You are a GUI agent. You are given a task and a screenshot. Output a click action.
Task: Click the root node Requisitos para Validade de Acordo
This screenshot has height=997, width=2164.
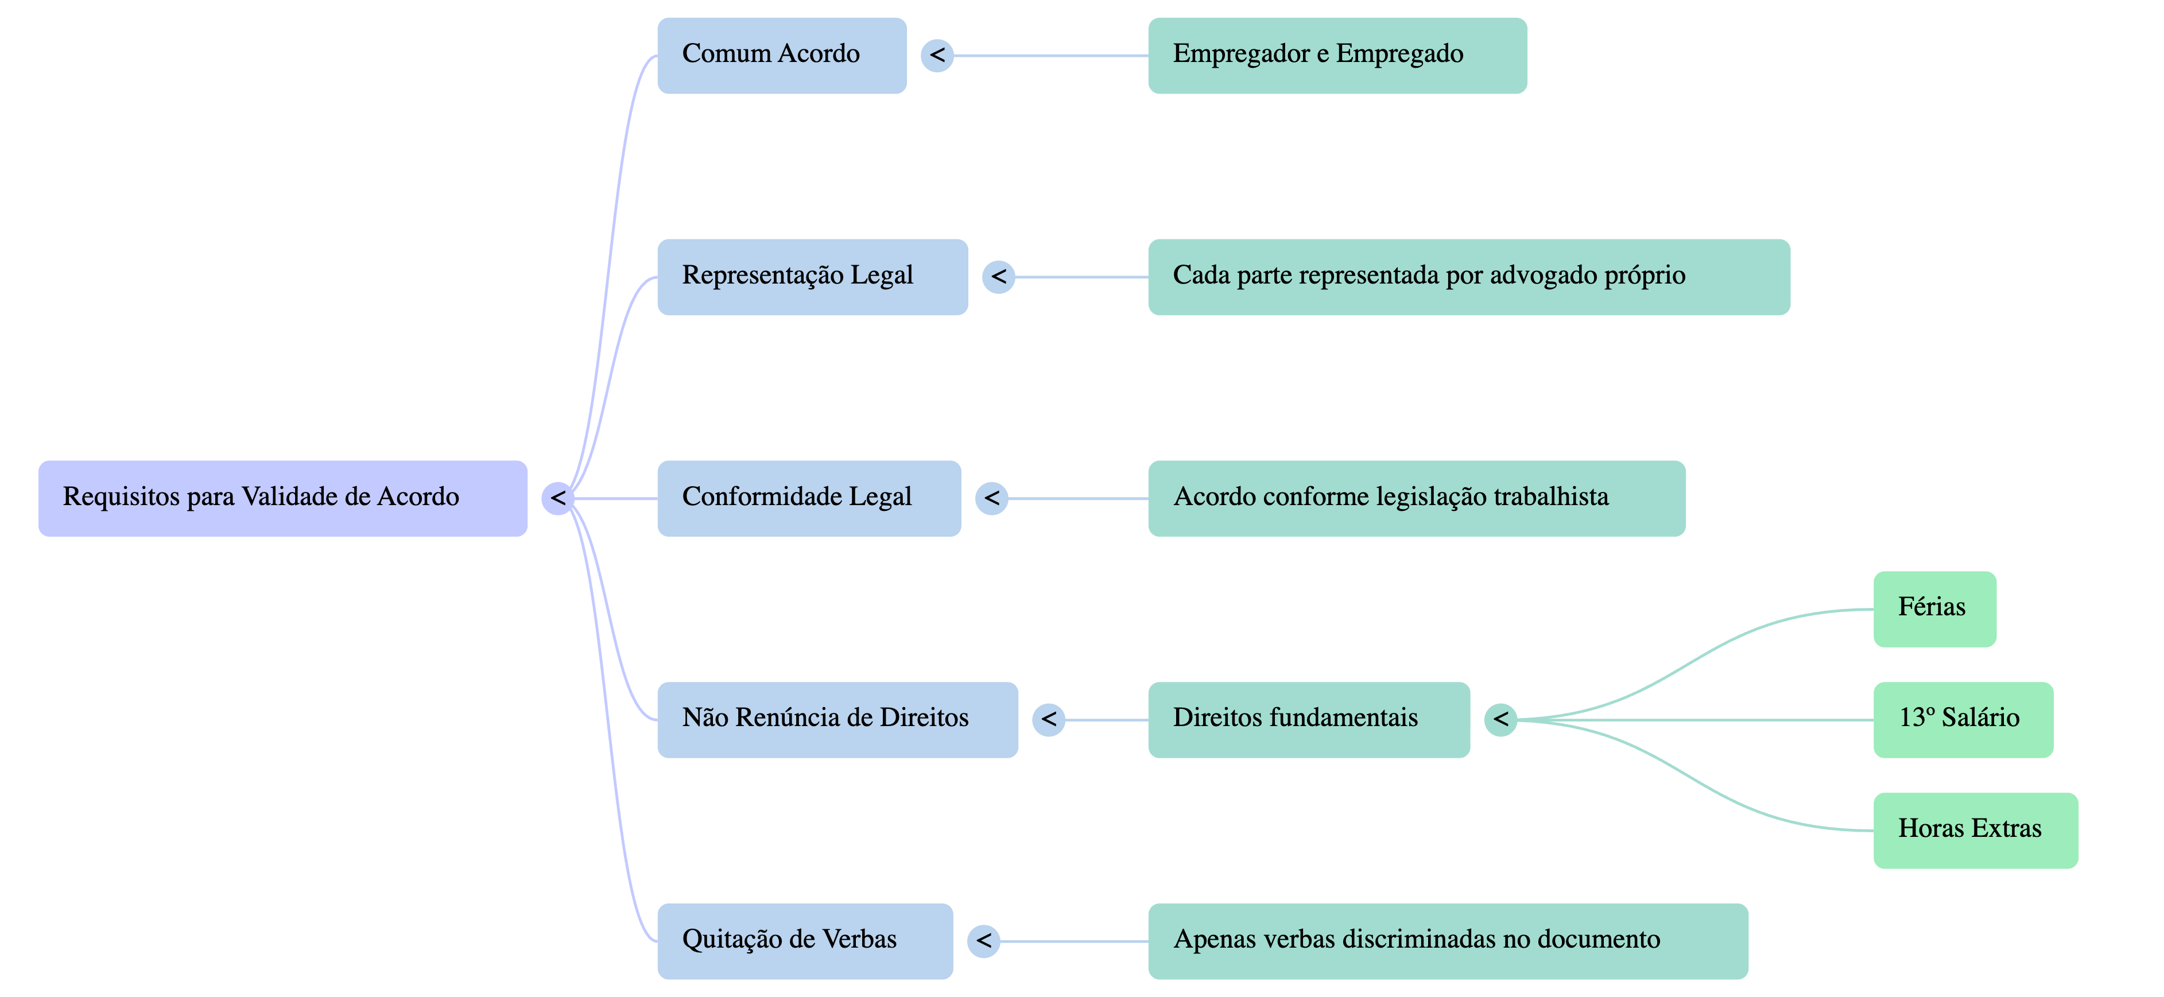point(282,498)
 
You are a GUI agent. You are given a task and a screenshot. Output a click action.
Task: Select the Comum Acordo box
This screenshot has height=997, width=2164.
point(781,56)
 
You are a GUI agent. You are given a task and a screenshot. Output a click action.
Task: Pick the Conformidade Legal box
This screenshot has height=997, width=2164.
point(808,498)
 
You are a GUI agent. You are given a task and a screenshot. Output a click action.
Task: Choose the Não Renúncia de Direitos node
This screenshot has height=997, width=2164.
point(837,720)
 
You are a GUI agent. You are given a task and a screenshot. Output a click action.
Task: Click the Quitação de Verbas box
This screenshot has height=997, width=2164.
point(804,941)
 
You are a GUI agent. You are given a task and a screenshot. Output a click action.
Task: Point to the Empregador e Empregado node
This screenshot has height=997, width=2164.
point(1336,56)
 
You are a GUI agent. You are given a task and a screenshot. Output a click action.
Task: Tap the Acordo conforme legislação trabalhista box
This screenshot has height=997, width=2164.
point(1415,498)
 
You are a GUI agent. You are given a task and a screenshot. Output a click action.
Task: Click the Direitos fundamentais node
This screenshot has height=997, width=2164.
point(1308,720)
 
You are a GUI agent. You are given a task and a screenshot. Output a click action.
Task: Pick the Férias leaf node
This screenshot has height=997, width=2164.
point(1934,609)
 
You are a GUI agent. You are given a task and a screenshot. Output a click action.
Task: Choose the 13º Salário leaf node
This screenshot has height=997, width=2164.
point(1963,720)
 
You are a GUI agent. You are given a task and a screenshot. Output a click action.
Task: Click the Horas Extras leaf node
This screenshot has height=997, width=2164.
point(1975,830)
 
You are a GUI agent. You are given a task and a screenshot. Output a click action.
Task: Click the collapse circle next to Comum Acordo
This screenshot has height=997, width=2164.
point(937,56)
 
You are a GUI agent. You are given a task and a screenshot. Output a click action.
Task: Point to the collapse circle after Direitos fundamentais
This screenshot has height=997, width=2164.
point(1500,720)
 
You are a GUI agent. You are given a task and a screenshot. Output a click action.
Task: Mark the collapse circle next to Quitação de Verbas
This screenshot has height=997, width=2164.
point(983,941)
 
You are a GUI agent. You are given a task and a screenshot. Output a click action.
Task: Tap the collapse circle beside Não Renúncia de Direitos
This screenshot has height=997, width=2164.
point(1048,720)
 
